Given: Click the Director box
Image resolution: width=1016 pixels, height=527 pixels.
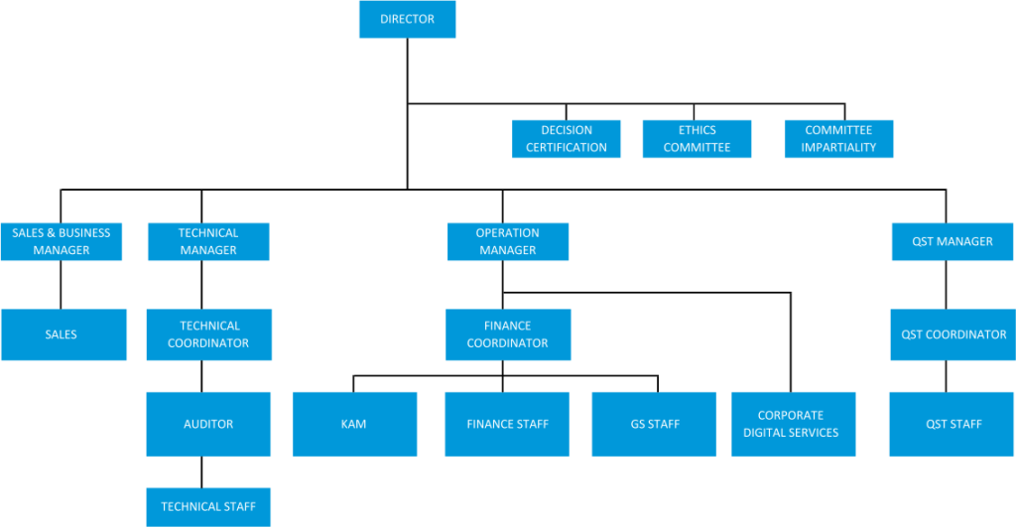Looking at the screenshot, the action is click(x=408, y=20).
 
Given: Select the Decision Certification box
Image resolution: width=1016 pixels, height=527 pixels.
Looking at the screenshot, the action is click(x=567, y=139).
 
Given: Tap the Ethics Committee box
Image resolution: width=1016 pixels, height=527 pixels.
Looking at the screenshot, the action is click(x=698, y=139).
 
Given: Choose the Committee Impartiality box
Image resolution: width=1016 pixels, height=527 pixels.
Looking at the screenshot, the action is click(x=839, y=139).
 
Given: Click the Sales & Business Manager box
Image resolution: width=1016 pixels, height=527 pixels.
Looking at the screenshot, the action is click(x=62, y=242).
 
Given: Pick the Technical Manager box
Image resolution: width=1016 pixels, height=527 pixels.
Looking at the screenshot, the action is click(x=208, y=242).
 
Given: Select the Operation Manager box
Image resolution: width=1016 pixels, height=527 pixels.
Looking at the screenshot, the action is click(x=508, y=242).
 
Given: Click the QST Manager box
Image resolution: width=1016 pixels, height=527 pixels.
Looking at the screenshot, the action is click(x=952, y=242).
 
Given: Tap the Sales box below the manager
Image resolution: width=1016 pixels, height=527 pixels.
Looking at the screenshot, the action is click(x=63, y=334).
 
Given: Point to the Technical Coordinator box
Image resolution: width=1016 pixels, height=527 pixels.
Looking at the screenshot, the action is click(x=209, y=334).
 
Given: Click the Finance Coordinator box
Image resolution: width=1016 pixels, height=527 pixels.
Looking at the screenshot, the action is click(x=508, y=334).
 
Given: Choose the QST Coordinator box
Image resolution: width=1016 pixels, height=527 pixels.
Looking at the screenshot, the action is click(x=953, y=334).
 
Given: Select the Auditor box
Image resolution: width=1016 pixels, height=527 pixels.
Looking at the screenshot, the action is click(x=208, y=424).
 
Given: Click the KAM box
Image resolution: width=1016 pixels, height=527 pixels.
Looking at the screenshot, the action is click(x=354, y=424).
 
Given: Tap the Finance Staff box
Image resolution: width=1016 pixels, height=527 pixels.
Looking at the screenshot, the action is click(x=507, y=424).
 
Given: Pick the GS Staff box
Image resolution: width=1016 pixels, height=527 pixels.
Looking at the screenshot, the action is click(x=654, y=424).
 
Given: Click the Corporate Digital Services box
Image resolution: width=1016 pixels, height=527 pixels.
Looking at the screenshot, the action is click(x=793, y=424).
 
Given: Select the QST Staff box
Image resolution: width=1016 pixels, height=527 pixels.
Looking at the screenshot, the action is click(x=952, y=424).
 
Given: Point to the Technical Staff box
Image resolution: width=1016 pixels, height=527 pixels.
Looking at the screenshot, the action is click(x=208, y=507).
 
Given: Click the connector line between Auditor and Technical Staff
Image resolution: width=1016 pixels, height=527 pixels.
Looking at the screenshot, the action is click(x=201, y=471).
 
